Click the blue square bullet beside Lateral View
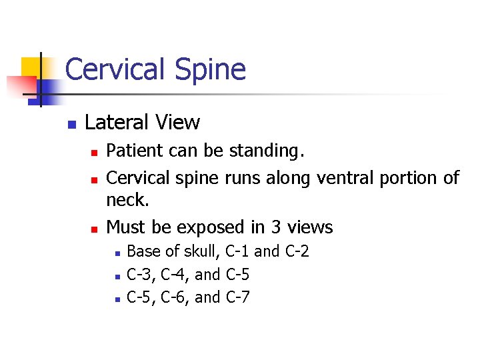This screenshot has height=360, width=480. pos(72,124)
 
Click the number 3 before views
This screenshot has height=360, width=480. pos(276,227)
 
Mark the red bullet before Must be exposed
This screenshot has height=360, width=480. pos(94,229)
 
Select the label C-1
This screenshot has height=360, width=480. pos(238,251)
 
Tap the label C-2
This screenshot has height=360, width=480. pos(296,251)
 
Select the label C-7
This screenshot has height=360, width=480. pos(238,297)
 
